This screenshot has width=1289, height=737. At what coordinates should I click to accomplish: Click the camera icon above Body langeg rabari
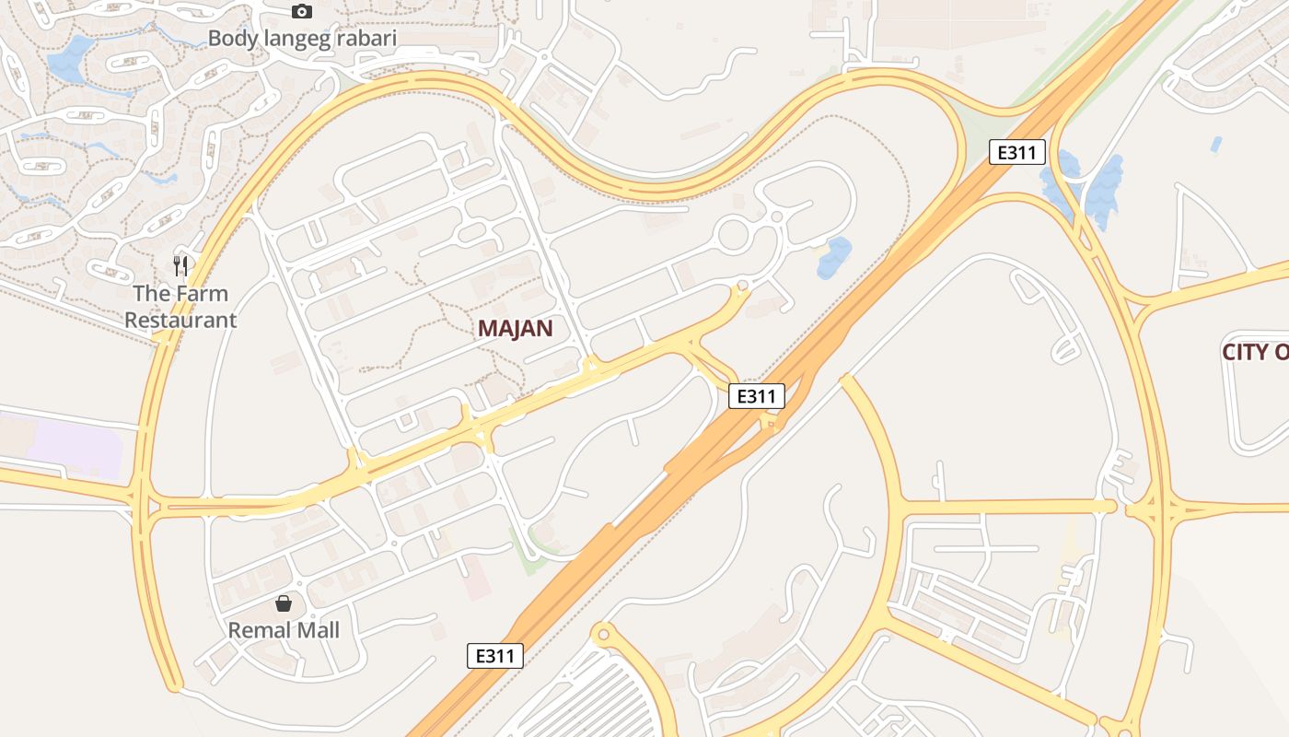tap(301, 12)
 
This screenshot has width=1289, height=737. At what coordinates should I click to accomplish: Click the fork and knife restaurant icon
tap(180, 266)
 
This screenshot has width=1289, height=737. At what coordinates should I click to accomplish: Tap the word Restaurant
tap(180, 321)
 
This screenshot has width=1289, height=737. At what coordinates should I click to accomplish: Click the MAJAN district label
tap(516, 329)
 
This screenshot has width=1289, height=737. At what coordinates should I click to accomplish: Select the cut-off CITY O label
tap(1255, 352)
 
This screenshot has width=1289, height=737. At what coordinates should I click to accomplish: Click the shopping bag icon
tap(284, 603)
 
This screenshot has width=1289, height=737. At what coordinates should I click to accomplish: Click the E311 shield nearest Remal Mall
tap(495, 656)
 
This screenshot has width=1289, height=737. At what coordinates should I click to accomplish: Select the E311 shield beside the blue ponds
tap(1017, 152)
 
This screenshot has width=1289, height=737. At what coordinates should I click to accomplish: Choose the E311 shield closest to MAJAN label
tap(757, 396)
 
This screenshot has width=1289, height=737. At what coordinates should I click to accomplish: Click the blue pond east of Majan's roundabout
tap(834, 257)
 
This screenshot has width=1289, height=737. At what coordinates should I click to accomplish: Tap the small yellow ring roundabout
tap(603, 634)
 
